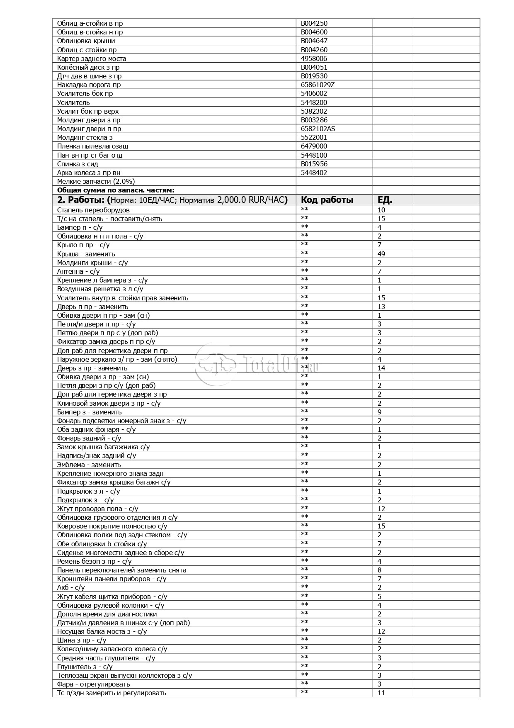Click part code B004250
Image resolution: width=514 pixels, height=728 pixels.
pos(314,23)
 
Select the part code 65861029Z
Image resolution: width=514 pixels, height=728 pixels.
pos(318,85)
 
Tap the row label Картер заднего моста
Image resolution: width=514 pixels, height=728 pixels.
pos(92,58)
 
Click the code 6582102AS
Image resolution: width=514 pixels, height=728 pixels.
pos(318,129)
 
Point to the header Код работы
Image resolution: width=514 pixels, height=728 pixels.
pos(327,200)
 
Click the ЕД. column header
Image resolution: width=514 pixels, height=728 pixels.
pos(385,200)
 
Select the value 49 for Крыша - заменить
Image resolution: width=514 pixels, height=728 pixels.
pos(381,254)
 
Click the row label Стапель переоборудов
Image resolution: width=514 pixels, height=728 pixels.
pos(93,210)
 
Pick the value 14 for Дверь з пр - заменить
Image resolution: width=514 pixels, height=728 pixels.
pos(381,368)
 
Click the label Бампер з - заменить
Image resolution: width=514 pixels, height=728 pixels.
pos(90,412)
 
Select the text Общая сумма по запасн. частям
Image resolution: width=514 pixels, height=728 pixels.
pos(116,190)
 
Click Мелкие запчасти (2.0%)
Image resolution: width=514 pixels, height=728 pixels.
pos(96,181)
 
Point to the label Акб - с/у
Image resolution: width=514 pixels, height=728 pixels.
pos(71,587)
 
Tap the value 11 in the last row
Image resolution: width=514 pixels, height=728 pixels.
pos(381,693)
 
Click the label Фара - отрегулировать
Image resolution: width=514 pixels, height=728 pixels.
pos(94,684)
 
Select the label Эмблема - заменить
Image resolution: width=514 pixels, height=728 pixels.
pos(89,465)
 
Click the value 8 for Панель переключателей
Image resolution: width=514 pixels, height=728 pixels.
pos(380,570)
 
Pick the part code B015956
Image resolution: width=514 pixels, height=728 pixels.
pos(314,164)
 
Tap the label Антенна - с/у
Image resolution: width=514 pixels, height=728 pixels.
pos(78,271)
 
